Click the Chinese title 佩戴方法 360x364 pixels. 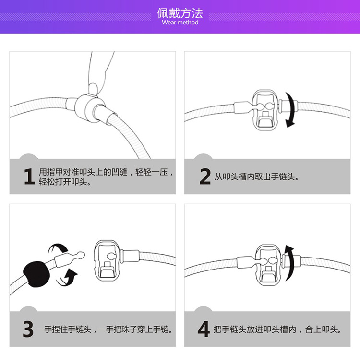pyautogui.click(x=180, y=12)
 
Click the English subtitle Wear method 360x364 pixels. pyautogui.click(x=180, y=23)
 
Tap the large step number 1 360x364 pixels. pyautogui.click(x=29, y=176)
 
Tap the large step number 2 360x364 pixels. pyautogui.click(x=205, y=176)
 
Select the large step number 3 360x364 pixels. pyautogui.click(x=28, y=329)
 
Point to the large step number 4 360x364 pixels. pyautogui.click(x=204, y=329)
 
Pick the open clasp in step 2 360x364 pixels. pyautogui.click(x=265, y=109)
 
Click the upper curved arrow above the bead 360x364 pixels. pyautogui.click(x=60, y=249)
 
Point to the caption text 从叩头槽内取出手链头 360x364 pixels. pyautogui.click(x=257, y=177)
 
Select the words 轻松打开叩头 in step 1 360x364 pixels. pyautogui.click(x=65, y=182)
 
